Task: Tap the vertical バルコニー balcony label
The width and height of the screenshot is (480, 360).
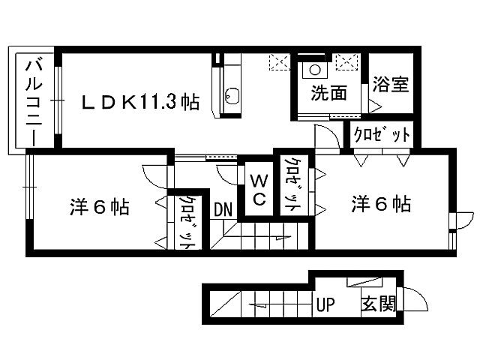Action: point(34,101)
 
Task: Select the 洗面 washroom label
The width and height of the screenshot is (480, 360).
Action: point(328,94)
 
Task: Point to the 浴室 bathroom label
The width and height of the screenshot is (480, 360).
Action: point(391,82)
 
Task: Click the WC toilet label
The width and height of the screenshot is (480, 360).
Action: point(258,189)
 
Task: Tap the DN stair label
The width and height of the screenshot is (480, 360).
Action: point(223,209)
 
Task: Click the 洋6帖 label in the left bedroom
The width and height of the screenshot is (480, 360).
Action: point(100,207)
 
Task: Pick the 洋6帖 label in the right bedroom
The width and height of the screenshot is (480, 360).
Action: point(381,203)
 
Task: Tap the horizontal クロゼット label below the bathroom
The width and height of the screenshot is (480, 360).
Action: point(382,135)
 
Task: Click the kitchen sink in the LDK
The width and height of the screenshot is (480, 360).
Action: point(232,96)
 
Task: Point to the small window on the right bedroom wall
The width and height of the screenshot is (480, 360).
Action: point(452,226)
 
